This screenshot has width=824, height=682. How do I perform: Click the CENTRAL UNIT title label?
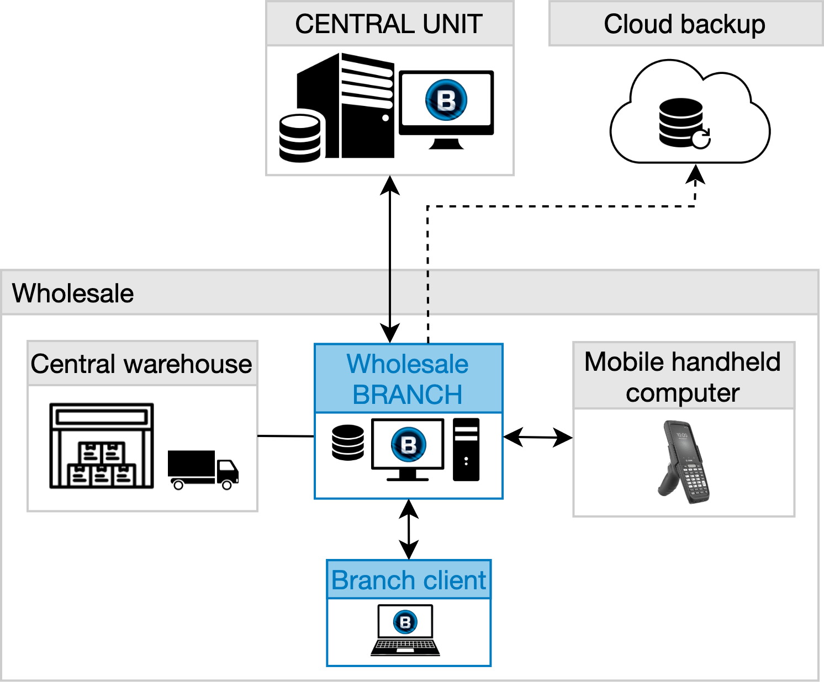(389, 24)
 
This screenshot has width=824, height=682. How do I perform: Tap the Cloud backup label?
(684, 24)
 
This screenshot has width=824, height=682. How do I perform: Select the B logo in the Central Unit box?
(446, 100)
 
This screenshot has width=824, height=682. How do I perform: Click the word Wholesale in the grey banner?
(73, 293)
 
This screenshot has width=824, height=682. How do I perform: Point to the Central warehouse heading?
(141, 364)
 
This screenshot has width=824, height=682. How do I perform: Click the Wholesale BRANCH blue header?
(408, 379)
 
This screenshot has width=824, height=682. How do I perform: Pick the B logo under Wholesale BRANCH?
(408, 444)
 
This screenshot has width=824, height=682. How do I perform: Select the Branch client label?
(409, 580)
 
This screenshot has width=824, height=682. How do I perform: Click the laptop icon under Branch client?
(405, 630)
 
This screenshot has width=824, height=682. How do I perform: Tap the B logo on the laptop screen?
(405, 622)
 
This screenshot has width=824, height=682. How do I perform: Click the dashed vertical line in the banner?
(428, 293)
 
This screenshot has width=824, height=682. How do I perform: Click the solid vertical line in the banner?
(390, 293)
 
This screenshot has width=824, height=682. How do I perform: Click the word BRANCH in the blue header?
(408, 395)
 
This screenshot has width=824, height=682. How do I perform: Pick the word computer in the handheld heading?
(683, 393)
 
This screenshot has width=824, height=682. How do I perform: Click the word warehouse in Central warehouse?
(188, 364)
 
